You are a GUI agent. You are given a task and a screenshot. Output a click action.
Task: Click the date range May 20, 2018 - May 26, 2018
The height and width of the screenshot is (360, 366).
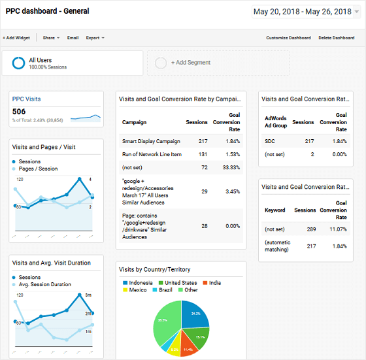click(303, 12)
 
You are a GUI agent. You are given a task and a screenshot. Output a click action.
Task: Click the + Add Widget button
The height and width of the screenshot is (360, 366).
click(16, 38)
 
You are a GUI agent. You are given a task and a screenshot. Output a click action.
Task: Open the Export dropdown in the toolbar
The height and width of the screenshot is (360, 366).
click(94, 38)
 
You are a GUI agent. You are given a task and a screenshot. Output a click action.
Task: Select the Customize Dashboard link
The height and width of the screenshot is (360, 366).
click(288, 38)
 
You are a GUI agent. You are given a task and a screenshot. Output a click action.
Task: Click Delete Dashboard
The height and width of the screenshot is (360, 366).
click(336, 38)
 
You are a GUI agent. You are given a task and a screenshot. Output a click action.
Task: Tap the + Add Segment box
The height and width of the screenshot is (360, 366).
click(190, 63)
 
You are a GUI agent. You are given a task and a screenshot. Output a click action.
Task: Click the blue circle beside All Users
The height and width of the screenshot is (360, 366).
click(19, 63)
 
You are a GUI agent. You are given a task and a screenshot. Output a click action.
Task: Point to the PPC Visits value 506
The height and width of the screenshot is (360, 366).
click(19, 112)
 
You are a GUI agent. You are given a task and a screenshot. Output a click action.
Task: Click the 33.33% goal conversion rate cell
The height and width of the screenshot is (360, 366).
click(231, 168)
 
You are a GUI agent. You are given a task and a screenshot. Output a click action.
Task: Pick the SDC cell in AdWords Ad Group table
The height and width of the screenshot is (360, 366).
click(269, 140)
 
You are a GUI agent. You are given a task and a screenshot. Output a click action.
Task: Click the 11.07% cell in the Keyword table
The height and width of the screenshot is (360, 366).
click(337, 230)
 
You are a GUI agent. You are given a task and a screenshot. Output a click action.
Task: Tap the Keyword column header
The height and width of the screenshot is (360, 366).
click(275, 210)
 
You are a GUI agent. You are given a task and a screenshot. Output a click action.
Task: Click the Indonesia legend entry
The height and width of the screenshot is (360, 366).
click(141, 282)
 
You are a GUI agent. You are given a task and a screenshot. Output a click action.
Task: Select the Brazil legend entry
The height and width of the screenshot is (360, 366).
click(163, 289)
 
